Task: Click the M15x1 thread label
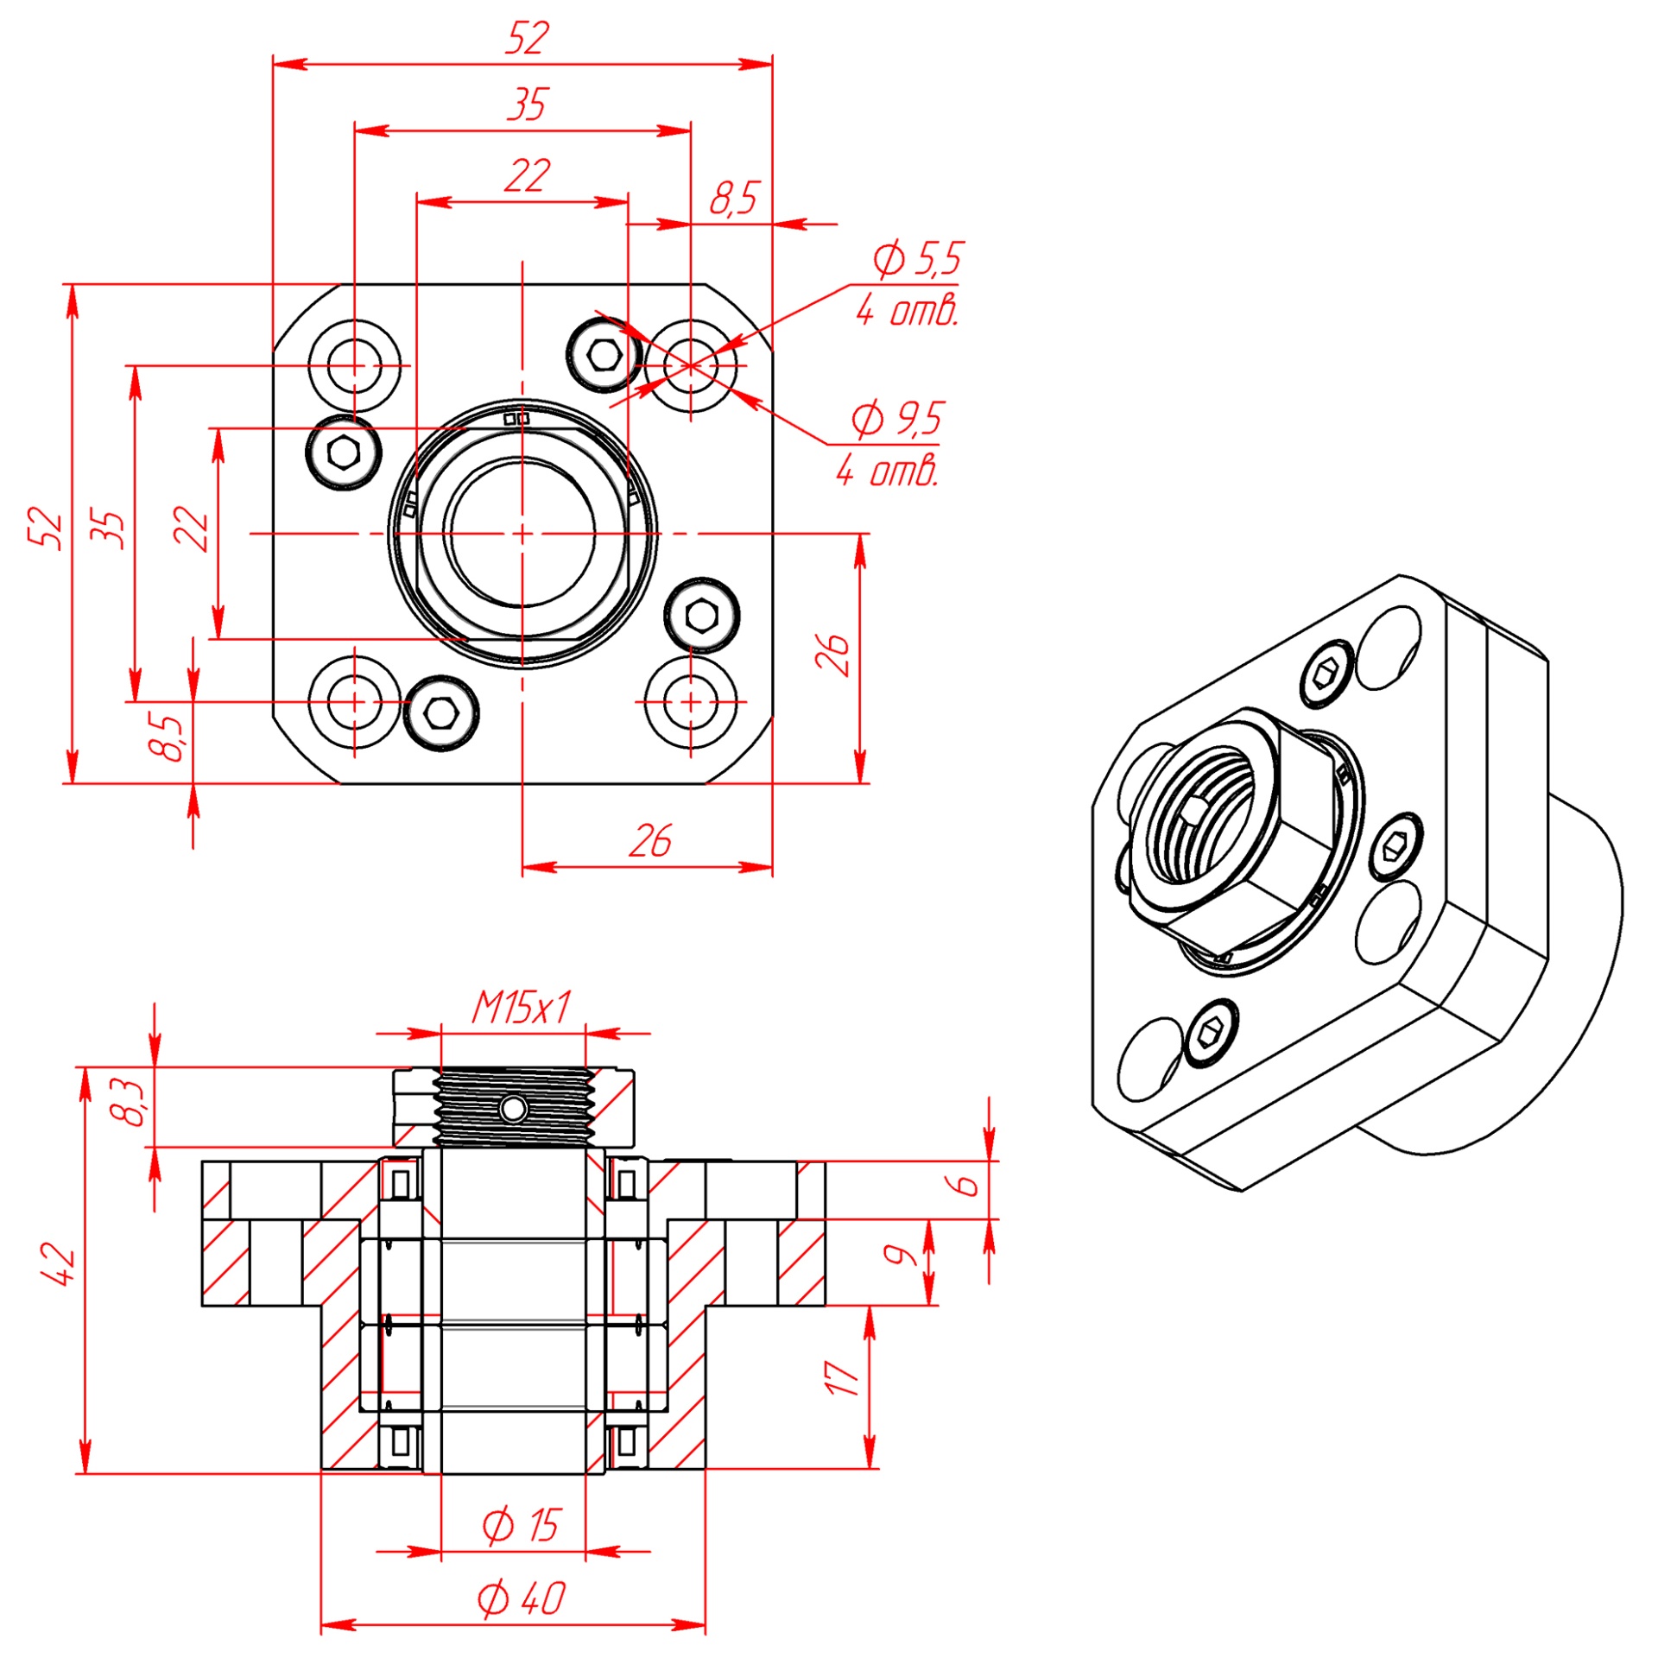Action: [521, 1008]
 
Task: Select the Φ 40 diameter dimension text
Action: [521, 1598]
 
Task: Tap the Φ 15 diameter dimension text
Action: [521, 1525]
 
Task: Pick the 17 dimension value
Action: [842, 1378]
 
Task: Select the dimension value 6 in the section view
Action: [967, 1184]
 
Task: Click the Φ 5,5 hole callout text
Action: [916, 258]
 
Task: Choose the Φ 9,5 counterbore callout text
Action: [897, 419]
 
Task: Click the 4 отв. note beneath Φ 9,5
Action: [887, 471]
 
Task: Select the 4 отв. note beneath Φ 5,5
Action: [907, 311]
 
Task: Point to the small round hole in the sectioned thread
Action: [513, 1109]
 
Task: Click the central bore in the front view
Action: [522, 534]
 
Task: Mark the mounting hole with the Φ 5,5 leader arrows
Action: [691, 365]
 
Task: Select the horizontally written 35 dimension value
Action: [526, 104]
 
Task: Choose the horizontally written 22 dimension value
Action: [526, 176]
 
